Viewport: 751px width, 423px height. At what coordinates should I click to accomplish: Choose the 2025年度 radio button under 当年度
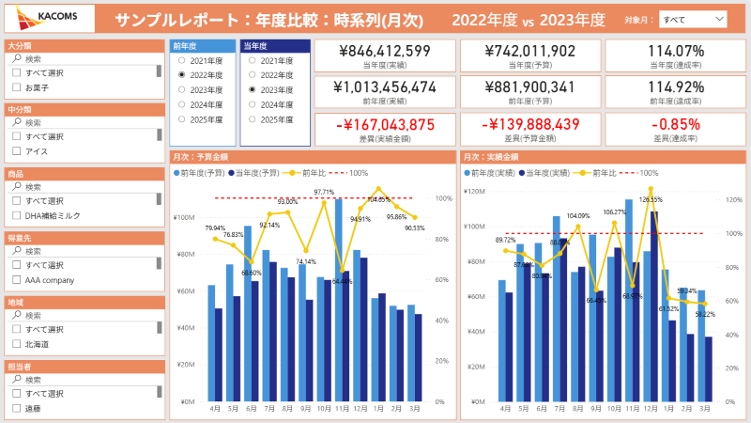pyautogui.click(x=251, y=120)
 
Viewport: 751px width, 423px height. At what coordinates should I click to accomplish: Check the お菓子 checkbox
pyautogui.click(x=16, y=87)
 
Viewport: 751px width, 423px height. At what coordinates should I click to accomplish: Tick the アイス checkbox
pyautogui.click(x=16, y=151)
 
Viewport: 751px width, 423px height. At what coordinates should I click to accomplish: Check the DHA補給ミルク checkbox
pyautogui.click(x=16, y=215)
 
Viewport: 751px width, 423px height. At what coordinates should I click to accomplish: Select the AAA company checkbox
pyautogui.click(x=16, y=280)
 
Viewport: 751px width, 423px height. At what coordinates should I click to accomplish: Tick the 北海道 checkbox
pyautogui.click(x=16, y=344)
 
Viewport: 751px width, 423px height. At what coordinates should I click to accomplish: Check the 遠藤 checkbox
pyautogui.click(x=16, y=409)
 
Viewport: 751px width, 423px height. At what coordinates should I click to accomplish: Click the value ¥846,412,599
pyautogui.click(x=385, y=52)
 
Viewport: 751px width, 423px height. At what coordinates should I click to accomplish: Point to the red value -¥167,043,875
pyautogui.click(x=385, y=125)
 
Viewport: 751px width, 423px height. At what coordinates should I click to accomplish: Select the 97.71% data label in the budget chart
pyautogui.click(x=324, y=193)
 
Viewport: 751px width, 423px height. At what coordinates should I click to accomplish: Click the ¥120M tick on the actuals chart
pyautogui.click(x=474, y=191)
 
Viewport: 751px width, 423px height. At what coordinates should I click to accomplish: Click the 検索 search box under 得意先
pyautogui.click(x=84, y=251)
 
